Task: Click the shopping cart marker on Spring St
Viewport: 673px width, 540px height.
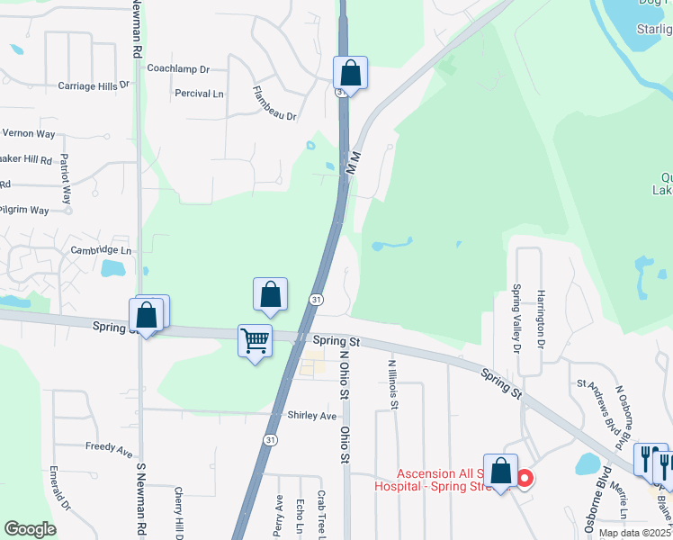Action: [x=255, y=342]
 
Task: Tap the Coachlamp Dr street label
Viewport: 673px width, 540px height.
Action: [x=177, y=68]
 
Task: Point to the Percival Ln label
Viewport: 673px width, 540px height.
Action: [x=199, y=94]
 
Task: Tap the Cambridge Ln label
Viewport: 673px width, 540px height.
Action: [x=101, y=250]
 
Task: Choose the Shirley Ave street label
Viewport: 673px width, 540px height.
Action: [x=311, y=416]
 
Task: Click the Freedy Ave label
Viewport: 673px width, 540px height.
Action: [x=109, y=447]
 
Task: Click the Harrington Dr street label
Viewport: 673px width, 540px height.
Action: [x=542, y=318]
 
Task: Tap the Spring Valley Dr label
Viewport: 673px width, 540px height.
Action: [x=517, y=318]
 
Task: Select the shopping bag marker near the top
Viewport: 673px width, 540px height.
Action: [x=350, y=73]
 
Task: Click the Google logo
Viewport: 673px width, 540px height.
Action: [x=31, y=528]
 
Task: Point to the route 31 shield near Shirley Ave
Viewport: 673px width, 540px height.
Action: [x=270, y=439]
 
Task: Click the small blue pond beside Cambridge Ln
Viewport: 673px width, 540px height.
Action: [x=112, y=268]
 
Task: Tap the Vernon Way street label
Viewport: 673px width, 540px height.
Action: [x=28, y=133]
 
